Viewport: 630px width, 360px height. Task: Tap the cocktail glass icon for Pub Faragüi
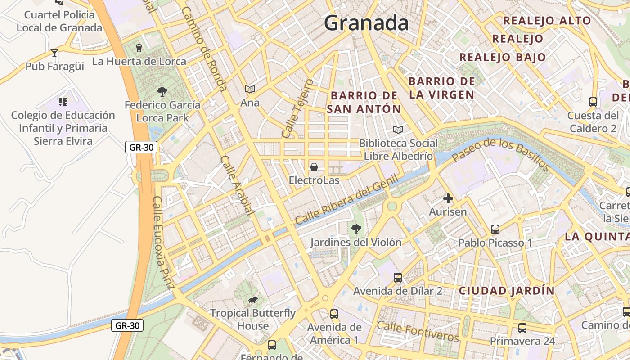pos(54,53)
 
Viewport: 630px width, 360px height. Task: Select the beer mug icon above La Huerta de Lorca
pos(139,48)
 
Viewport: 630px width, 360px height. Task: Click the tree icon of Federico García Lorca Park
pos(162,92)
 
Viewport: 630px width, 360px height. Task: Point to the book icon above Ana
pos(250,89)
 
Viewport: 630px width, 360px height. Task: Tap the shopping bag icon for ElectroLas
pos(314,167)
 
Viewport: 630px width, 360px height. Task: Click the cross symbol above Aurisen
pos(448,198)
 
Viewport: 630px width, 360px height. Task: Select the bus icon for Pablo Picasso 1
pos(495,229)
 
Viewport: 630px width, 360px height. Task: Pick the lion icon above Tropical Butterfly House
pos(253,300)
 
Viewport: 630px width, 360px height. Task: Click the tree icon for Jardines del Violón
pos(356,229)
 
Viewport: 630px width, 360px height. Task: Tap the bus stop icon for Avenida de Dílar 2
pos(398,278)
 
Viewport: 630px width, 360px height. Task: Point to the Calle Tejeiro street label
pos(297,109)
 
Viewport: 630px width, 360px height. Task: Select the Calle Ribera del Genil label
pos(346,201)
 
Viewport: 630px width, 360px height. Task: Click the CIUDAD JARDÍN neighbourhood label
pos(507,291)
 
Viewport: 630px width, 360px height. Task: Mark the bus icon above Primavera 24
pos(522,328)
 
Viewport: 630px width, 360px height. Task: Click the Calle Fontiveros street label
pos(418,332)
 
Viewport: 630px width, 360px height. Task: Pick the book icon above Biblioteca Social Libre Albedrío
pos(398,130)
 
